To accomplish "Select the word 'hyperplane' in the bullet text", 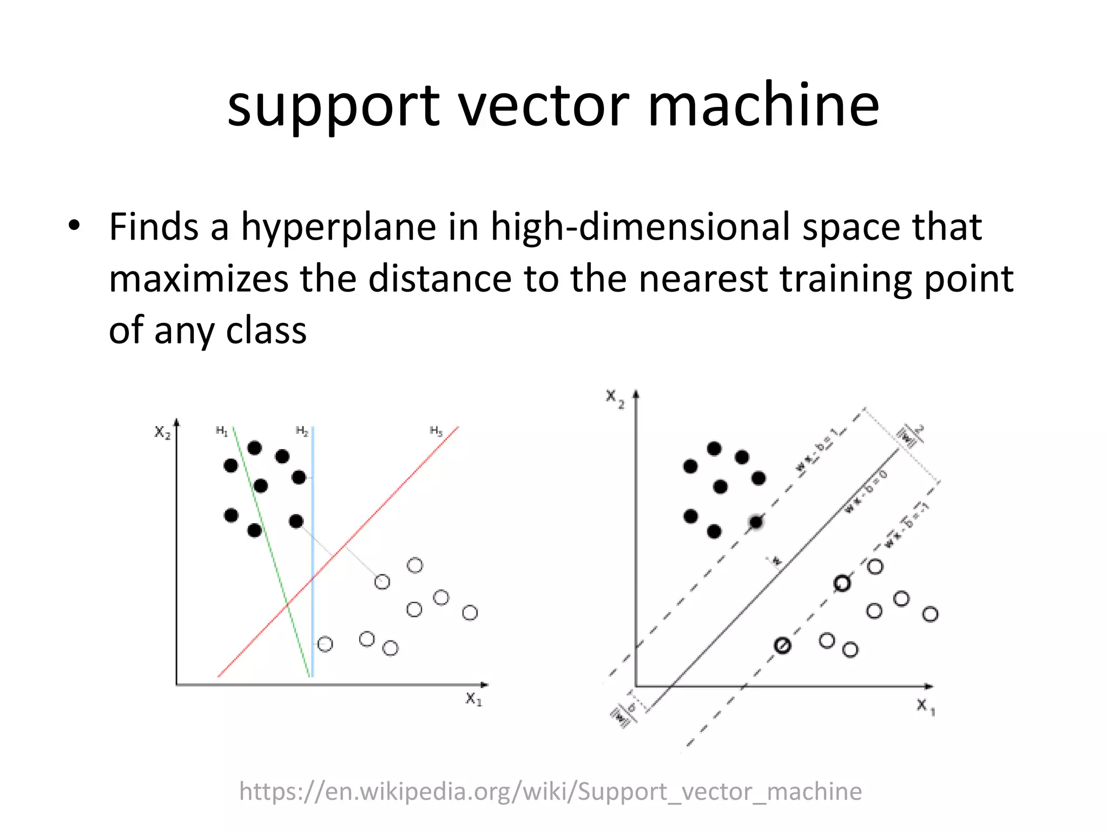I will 338,227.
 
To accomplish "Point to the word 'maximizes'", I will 199,279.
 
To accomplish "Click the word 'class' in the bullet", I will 266,331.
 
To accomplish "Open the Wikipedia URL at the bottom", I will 550,792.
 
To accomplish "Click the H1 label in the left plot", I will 221,431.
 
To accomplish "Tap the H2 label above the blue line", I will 302,431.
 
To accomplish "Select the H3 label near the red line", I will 436,431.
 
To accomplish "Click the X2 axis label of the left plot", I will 162,432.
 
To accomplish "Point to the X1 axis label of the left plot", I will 473,699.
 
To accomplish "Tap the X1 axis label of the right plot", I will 925,706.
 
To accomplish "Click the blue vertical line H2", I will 313,541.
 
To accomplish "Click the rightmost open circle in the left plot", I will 470,613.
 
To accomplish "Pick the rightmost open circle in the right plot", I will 930,615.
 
